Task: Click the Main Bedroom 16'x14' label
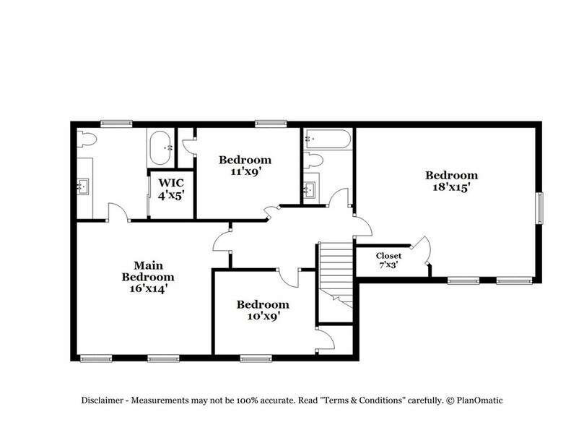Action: pos(147,277)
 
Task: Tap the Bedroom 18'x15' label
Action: pos(451,181)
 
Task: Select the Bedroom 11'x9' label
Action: pos(245,166)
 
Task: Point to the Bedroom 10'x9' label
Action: pos(263,310)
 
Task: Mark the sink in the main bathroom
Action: pos(84,187)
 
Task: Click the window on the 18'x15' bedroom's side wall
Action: pos(538,209)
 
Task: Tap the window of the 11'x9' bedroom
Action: pos(271,124)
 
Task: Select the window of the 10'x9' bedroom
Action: pos(256,357)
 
